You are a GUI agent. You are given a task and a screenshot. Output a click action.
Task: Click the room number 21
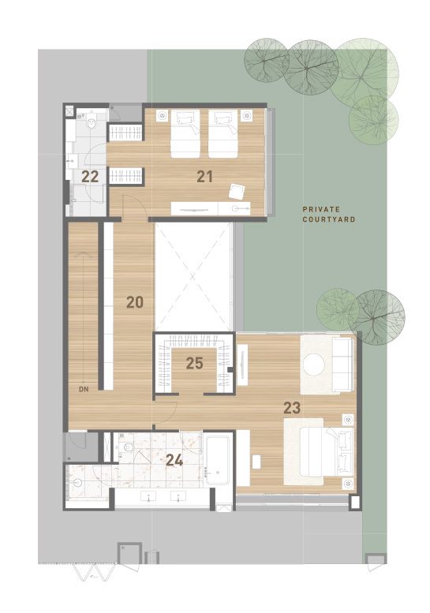click(204, 177)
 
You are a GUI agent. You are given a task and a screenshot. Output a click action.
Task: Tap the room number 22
click(90, 177)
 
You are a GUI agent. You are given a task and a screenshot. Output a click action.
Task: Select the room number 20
click(135, 302)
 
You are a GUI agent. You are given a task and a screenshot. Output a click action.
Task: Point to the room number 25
click(194, 363)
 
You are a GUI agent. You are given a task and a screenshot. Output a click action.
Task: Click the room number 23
click(292, 408)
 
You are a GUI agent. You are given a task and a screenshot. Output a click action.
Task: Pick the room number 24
click(174, 461)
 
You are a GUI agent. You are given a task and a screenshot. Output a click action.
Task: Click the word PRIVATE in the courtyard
click(321, 210)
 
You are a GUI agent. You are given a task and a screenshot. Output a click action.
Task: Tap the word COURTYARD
click(329, 219)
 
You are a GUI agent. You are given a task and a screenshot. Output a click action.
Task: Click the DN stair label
click(84, 390)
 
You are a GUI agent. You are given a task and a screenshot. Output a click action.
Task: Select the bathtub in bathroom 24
click(217, 460)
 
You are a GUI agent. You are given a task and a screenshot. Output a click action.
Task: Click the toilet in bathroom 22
click(92, 123)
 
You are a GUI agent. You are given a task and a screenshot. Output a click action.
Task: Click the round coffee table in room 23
click(314, 364)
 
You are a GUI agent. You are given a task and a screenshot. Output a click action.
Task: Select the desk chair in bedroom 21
click(237, 192)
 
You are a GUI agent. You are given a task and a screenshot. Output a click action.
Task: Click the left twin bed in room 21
click(185, 133)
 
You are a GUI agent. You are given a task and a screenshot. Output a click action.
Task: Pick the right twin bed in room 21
click(222, 133)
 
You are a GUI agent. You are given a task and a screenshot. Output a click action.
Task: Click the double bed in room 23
click(326, 451)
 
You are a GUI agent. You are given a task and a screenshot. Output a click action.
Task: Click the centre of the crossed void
click(193, 277)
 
